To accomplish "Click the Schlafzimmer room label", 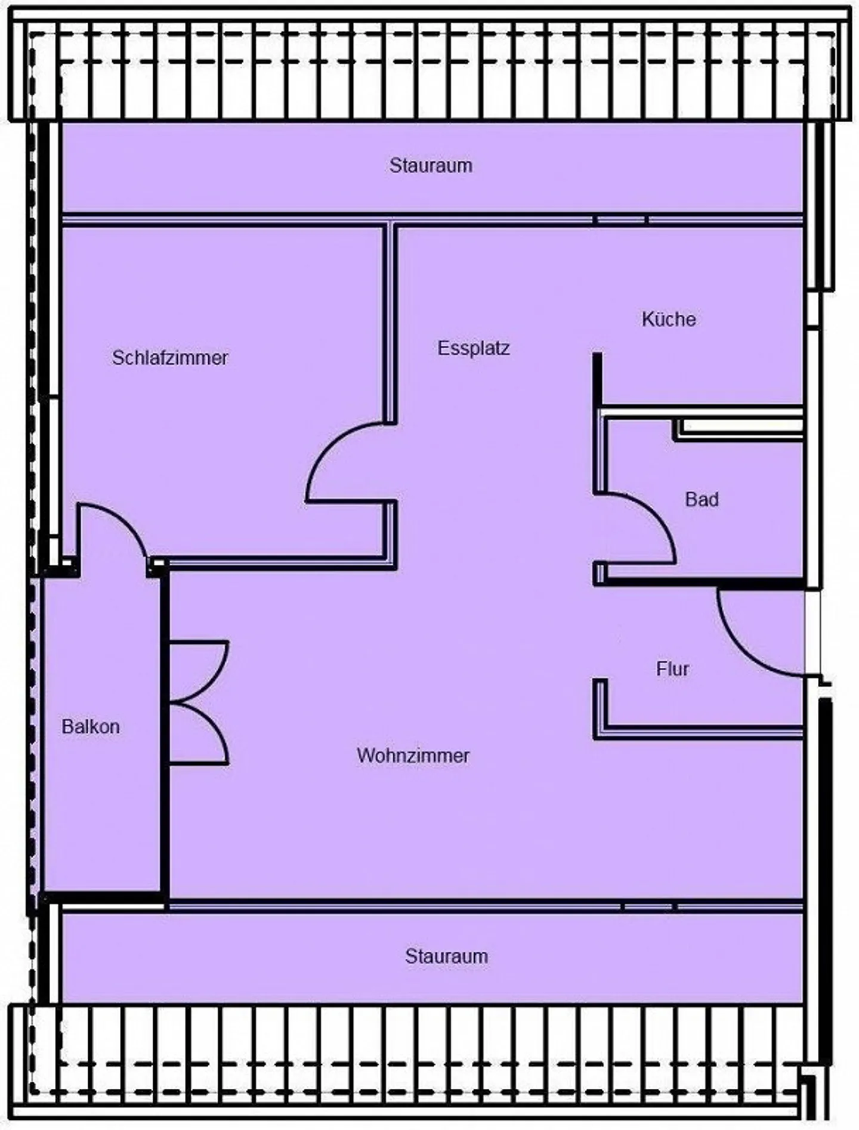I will tap(170, 358).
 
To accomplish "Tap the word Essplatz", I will tap(474, 348).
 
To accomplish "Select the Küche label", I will tap(669, 319).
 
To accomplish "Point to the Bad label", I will tap(702, 499).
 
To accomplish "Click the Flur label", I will tap(672, 669).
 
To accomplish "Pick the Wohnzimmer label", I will tap(413, 756).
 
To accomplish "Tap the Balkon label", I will tap(91, 727).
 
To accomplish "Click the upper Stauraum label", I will tap(431, 165).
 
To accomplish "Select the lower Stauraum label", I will tap(446, 956).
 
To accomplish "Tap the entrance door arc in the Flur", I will tap(737, 650).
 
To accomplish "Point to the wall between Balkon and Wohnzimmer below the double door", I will tap(164, 835).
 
